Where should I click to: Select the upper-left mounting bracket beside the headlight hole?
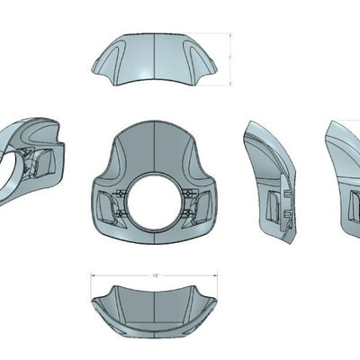(x=124, y=193)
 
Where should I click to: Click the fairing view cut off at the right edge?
(x=342, y=180)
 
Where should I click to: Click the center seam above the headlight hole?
(x=155, y=148)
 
